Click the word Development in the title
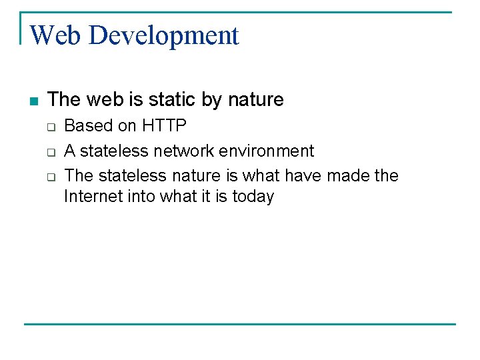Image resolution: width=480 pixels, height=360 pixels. tap(163, 35)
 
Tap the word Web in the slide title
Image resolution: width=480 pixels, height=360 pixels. tap(57, 35)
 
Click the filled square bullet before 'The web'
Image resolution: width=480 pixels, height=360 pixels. tap(34, 101)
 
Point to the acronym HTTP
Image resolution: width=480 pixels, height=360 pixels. tap(164, 126)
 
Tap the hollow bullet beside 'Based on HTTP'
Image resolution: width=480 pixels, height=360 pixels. tap(50, 127)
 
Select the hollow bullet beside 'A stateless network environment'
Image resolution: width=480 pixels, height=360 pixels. tap(50, 152)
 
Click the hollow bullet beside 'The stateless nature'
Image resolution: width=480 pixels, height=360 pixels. tap(50, 177)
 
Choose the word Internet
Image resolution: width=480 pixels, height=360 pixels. tap(91, 197)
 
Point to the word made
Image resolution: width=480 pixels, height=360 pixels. tap(347, 176)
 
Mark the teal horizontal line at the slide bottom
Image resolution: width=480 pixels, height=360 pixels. tap(240, 324)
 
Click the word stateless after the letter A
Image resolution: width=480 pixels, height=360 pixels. tap(114, 151)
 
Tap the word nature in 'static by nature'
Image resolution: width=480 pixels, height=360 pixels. tap(256, 100)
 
